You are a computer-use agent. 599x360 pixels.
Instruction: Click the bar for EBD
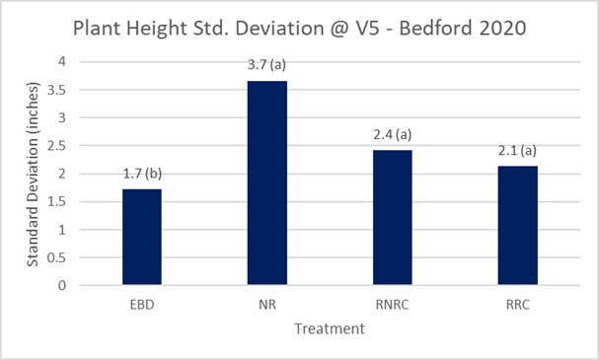[142, 237]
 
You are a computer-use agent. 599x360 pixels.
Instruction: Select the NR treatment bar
[267, 182]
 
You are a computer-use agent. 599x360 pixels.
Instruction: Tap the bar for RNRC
[393, 217]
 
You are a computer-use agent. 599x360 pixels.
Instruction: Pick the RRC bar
[518, 225]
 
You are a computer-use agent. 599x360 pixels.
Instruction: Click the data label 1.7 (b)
[142, 174]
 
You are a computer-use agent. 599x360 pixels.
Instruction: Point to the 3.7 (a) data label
[266, 64]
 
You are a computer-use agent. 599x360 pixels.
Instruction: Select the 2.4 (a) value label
[393, 134]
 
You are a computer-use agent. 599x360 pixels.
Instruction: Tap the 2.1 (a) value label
[517, 151]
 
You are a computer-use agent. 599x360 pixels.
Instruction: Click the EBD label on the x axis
[142, 305]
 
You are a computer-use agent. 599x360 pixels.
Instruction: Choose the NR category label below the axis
[267, 305]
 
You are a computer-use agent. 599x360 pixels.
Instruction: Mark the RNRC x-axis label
[393, 305]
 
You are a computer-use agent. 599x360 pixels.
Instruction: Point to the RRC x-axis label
[518, 305]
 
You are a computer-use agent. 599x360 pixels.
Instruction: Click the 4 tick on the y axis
[62, 61]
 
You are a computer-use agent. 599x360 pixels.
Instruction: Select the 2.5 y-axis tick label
[56, 146]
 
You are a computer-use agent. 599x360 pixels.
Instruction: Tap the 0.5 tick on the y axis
[56, 257]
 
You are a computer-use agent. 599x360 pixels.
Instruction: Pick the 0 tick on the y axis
[62, 286]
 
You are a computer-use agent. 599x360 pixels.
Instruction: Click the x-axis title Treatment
[330, 328]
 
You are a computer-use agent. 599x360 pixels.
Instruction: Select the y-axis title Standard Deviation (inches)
[33, 175]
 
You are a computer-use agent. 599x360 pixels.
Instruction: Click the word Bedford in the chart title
[436, 29]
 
